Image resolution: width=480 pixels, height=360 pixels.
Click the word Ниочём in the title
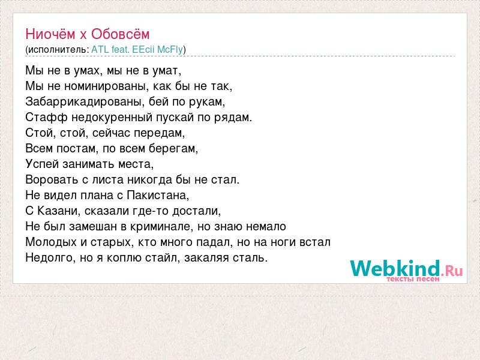click(x=50, y=34)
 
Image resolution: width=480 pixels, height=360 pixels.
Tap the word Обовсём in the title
click(x=121, y=34)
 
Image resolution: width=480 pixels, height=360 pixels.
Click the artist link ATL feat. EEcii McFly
click(x=137, y=49)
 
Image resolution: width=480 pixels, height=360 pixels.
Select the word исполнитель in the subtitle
click(x=57, y=50)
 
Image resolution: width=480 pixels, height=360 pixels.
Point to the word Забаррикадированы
click(x=85, y=101)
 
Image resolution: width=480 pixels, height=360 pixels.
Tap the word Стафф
click(x=46, y=117)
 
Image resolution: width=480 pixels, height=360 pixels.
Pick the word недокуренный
click(x=112, y=118)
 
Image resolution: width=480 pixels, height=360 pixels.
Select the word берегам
click(x=173, y=149)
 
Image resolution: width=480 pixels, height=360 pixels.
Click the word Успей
click(x=42, y=164)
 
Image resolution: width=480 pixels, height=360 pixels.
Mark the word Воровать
click(x=52, y=179)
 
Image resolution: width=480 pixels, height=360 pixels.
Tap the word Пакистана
click(x=158, y=196)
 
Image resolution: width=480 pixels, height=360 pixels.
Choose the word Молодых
click(x=51, y=242)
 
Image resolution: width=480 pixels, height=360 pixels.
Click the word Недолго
click(x=50, y=258)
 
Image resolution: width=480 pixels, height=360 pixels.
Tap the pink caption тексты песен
click(x=413, y=279)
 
